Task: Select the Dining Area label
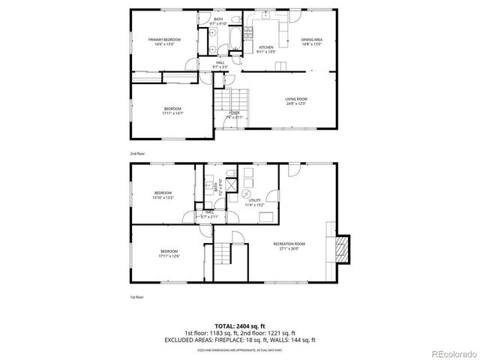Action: [312, 39]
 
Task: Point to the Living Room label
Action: [295, 99]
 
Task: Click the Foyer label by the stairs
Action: [234, 112]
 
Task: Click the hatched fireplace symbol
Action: [342, 249]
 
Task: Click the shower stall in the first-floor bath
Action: [230, 184]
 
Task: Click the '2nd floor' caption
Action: [136, 153]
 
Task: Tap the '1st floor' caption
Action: [136, 298]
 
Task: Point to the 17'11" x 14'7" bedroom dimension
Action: [172, 113]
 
